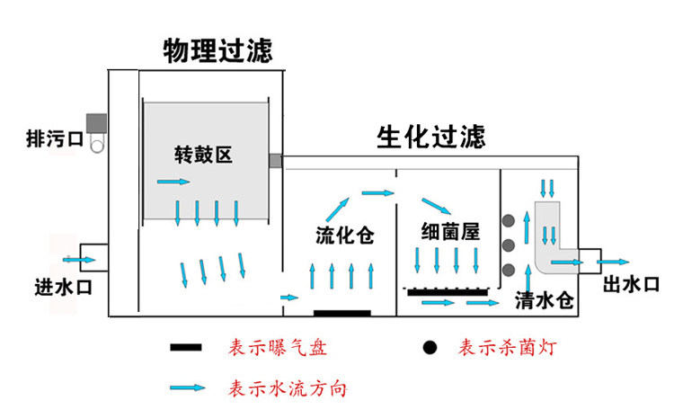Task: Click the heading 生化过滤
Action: coord(431,138)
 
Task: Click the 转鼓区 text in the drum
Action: coord(204,155)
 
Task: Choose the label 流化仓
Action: coord(344,236)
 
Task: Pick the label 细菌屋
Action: coord(448,231)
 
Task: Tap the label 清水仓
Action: coord(545,300)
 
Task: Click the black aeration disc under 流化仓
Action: coord(341,313)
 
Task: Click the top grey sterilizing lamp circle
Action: coord(509,219)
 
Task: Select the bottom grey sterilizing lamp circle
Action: coord(509,270)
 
